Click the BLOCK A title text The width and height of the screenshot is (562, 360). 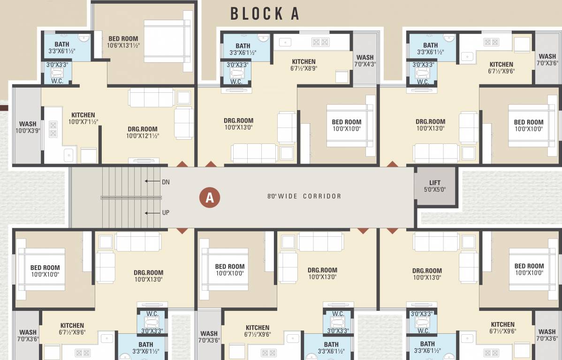coord(265,14)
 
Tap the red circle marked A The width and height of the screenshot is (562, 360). coord(210,197)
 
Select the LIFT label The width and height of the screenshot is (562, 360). coord(435,183)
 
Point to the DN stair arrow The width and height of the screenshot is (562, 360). coord(152,181)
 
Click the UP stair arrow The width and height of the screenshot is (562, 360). coord(152,213)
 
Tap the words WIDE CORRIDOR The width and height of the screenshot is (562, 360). coord(310,196)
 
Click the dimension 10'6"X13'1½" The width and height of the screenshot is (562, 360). coord(123,45)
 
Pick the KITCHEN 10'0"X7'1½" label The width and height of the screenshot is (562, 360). coord(83,118)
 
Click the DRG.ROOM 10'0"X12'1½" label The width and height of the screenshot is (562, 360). coord(142,132)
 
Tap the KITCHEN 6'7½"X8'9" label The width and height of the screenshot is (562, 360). coord(304,65)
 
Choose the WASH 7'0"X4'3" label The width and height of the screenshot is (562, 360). coord(365,61)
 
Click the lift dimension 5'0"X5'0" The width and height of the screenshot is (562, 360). coord(435,190)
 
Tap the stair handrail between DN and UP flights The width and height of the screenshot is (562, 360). coord(131,198)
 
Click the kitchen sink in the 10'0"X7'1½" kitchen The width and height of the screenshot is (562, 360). coord(68,154)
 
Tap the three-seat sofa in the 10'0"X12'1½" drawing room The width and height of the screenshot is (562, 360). coord(152,97)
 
